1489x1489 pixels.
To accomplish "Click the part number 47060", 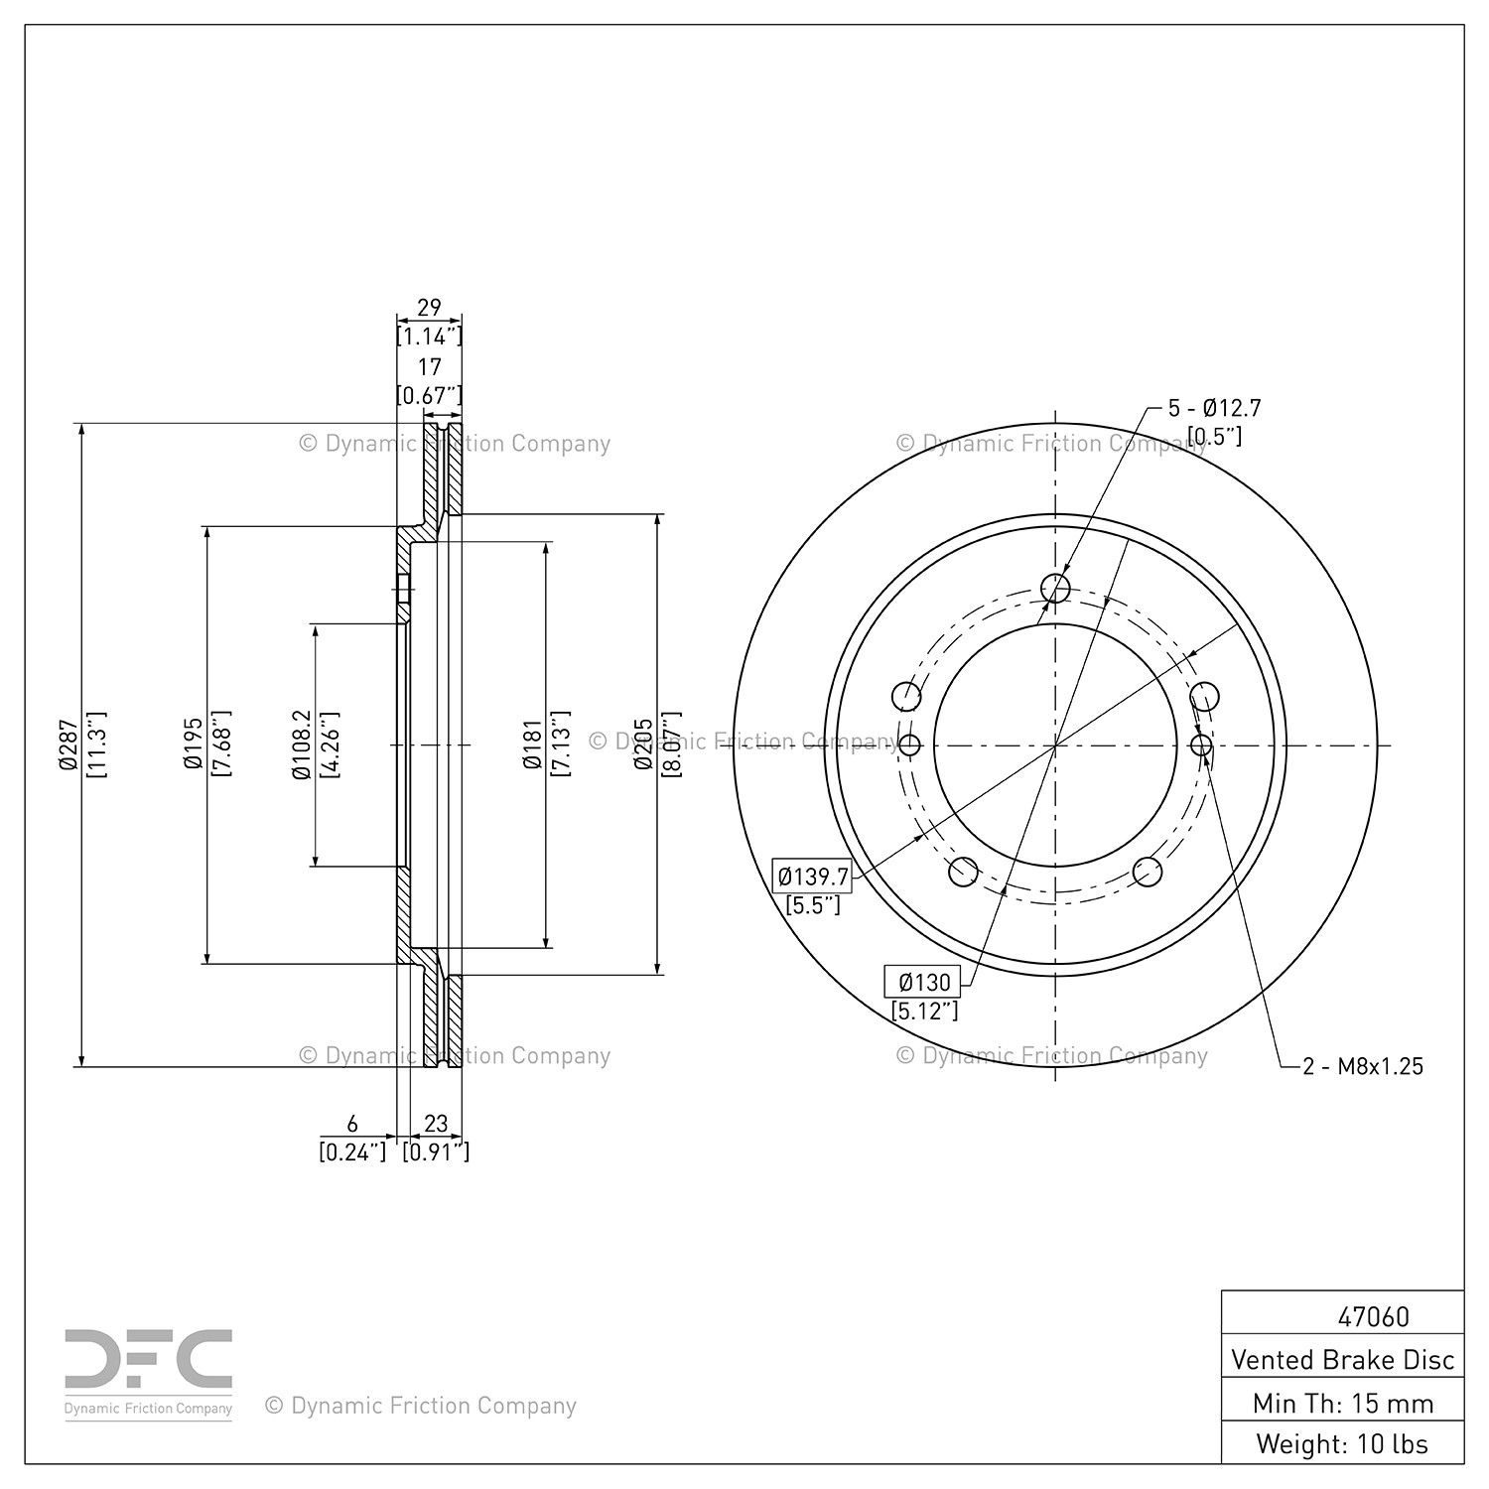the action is tap(1373, 1316).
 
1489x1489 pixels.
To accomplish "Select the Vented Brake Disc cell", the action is tap(1342, 1359).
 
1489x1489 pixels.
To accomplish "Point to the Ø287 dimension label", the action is tap(68, 744).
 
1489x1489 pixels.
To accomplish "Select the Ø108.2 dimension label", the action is tap(302, 744).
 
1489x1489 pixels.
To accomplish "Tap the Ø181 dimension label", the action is tap(532, 744).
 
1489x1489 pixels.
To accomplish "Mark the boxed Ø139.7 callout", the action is tap(813, 877).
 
